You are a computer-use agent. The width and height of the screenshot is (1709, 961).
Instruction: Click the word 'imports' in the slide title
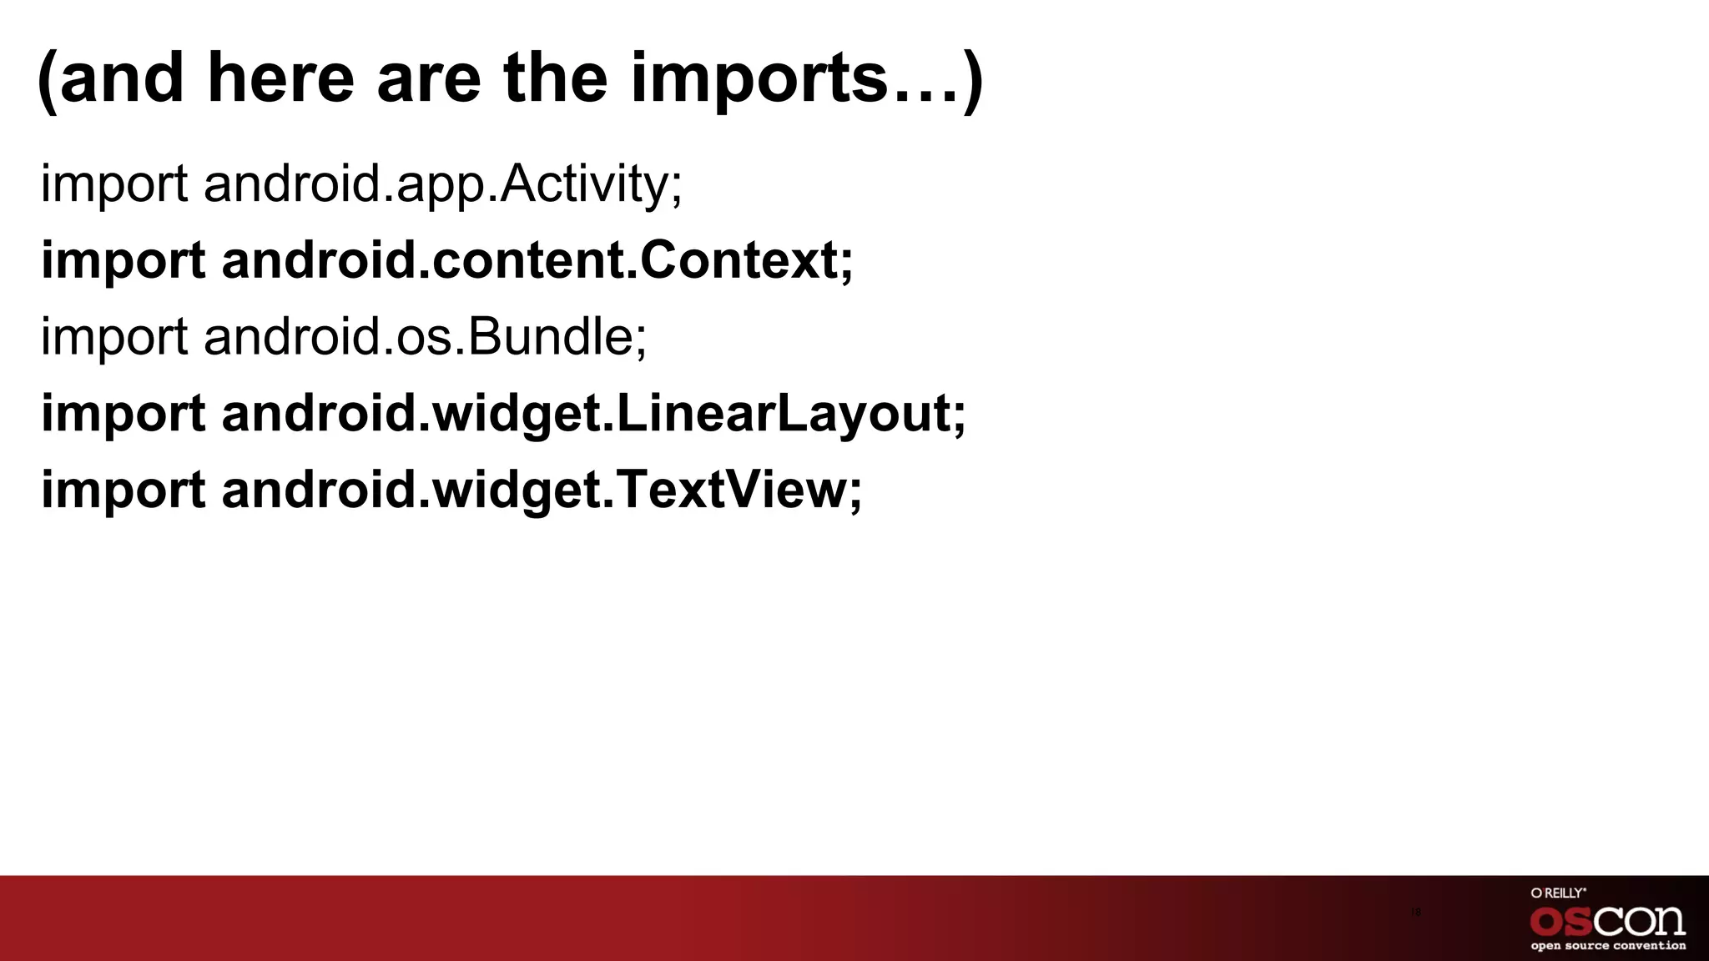[759, 79]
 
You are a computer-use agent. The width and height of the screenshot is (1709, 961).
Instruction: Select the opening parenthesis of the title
[47, 81]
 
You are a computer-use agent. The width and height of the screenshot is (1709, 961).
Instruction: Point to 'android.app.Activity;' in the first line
[443, 184]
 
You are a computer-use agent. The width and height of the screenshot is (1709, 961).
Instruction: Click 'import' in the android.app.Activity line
[114, 184]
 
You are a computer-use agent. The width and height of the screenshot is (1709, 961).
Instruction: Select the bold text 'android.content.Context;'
[537, 259]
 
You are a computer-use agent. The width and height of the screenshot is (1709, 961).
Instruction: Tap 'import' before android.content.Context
[124, 259]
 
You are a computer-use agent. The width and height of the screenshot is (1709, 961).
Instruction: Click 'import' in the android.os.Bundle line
[114, 336]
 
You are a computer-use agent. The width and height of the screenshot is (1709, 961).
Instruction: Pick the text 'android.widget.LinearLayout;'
[593, 413]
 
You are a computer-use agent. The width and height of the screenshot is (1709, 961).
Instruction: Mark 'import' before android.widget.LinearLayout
[124, 413]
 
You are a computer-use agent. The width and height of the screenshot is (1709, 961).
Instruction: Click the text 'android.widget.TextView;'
[542, 489]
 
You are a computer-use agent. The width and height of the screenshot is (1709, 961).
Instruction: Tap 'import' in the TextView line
[124, 489]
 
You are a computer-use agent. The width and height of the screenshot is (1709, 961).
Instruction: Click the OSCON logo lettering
[1607, 921]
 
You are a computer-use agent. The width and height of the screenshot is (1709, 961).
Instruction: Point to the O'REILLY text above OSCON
[1558, 893]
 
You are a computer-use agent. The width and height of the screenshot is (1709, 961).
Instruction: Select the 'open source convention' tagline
[1608, 946]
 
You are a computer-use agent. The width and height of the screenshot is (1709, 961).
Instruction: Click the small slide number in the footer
[1416, 912]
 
